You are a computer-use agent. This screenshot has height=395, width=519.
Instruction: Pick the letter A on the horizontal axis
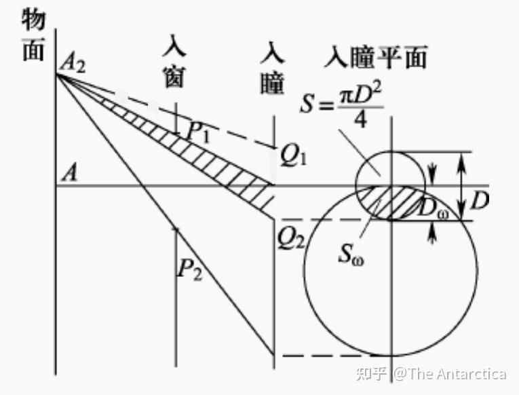68,174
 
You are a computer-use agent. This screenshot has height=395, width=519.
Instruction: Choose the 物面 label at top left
33,37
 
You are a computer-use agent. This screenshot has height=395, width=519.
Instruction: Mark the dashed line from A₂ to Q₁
224,128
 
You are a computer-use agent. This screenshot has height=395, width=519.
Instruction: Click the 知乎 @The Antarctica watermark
441,374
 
